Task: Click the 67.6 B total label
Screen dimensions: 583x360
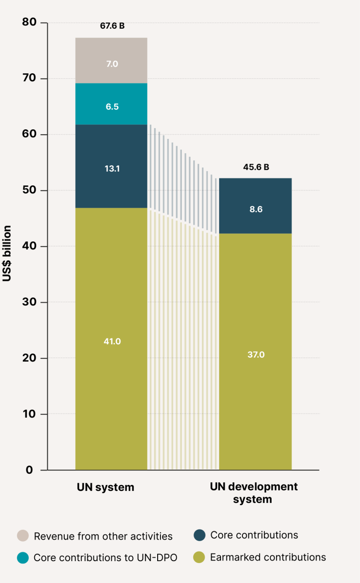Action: coord(112,26)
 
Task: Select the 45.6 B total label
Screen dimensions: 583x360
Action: coord(256,167)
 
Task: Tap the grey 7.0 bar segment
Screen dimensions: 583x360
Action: coord(112,61)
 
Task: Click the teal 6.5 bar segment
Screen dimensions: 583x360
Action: coord(112,104)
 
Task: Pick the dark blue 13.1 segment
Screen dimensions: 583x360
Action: coord(112,167)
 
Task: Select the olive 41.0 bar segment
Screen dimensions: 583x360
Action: coord(112,339)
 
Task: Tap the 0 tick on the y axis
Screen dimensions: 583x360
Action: coord(29,470)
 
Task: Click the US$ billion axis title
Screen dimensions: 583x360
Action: coord(7,253)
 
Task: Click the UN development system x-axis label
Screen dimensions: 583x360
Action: coord(254,493)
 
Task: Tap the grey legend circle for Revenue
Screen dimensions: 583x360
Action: coord(22,536)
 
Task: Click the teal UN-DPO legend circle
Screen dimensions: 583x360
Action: coord(22,557)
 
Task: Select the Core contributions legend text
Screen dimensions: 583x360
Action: coord(254,535)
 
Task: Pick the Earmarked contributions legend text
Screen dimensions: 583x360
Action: coord(267,557)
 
